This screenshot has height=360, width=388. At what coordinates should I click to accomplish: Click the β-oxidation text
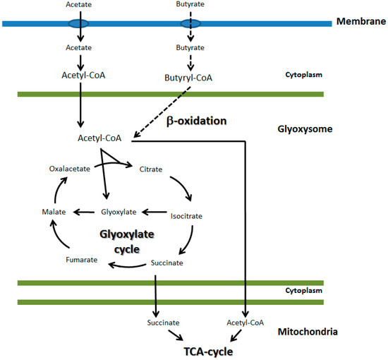pos(197,121)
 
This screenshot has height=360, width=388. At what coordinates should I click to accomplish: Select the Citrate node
pos(150,169)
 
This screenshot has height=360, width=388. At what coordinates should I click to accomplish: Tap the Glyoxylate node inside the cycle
pos(117,211)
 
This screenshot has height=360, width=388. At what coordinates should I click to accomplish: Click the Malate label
pos(54,211)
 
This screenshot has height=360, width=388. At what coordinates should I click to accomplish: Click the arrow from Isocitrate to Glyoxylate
pos(156,211)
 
